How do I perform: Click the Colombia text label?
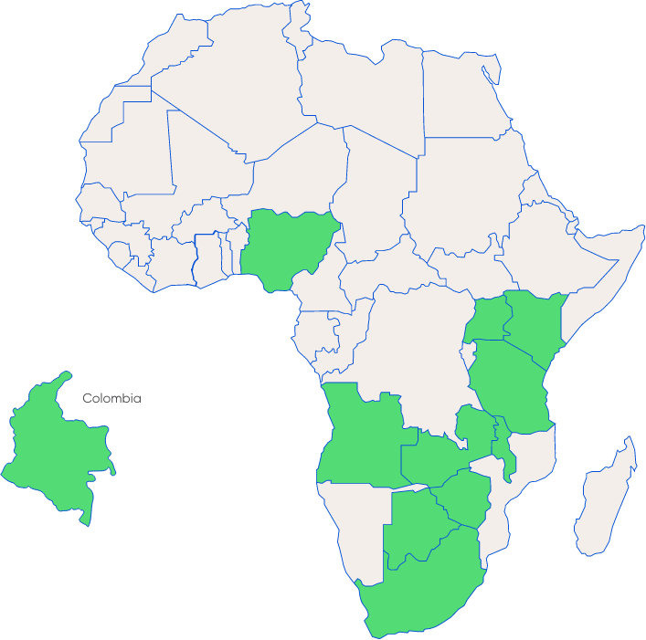(x=111, y=398)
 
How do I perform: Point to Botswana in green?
(x=416, y=525)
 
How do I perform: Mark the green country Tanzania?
(x=512, y=383)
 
